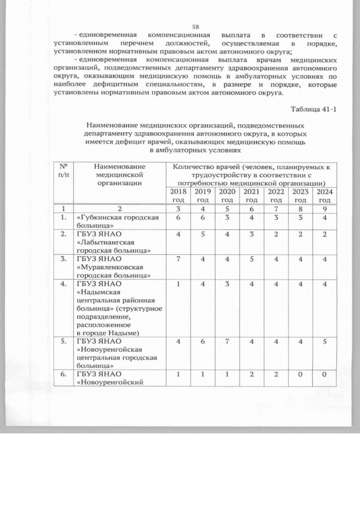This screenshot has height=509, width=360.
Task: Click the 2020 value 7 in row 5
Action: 227,341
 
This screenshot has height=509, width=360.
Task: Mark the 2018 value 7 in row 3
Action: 178,259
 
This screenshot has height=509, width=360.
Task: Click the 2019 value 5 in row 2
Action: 202,234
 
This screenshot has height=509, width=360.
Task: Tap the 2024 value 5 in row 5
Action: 323,341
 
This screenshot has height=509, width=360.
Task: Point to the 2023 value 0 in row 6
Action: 300,373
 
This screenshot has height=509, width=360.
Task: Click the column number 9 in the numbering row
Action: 323,209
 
